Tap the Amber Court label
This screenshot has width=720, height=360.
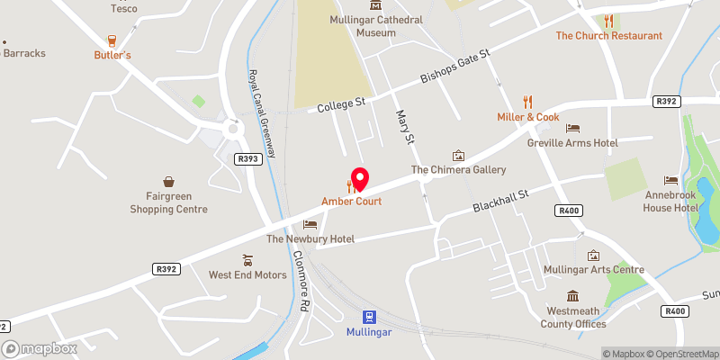(x=352, y=202)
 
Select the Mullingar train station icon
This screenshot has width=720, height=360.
(x=369, y=317)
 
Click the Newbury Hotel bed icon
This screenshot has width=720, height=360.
(x=310, y=224)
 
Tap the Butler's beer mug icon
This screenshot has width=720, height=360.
(x=112, y=40)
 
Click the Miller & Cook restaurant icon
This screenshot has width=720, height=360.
(x=528, y=103)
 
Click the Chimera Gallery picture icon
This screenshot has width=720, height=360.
(x=458, y=156)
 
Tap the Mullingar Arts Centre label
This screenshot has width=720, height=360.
(x=595, y=270)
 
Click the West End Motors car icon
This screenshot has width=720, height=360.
(x=247, y=260)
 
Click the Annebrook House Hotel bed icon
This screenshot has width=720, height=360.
(x=670, y=181)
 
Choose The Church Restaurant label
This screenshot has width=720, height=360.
(x=608, y=36)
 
